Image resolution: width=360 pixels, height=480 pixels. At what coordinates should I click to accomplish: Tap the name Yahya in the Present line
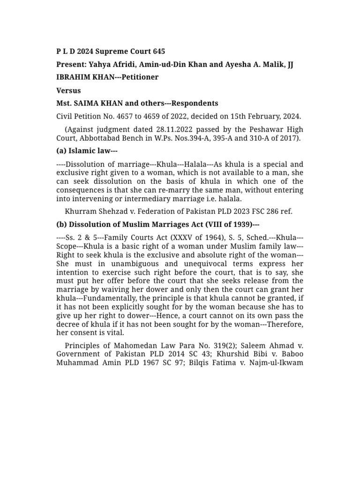point(101,64)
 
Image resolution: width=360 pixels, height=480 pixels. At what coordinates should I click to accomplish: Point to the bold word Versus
point(68,90)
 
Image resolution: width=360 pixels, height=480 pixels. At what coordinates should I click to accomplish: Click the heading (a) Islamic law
point(86,151)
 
